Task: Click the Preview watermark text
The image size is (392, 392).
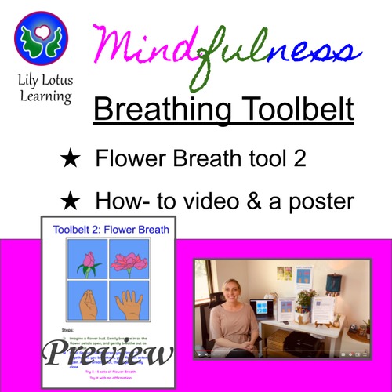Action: [107, 353]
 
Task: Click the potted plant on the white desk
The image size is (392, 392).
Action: [307, 302]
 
